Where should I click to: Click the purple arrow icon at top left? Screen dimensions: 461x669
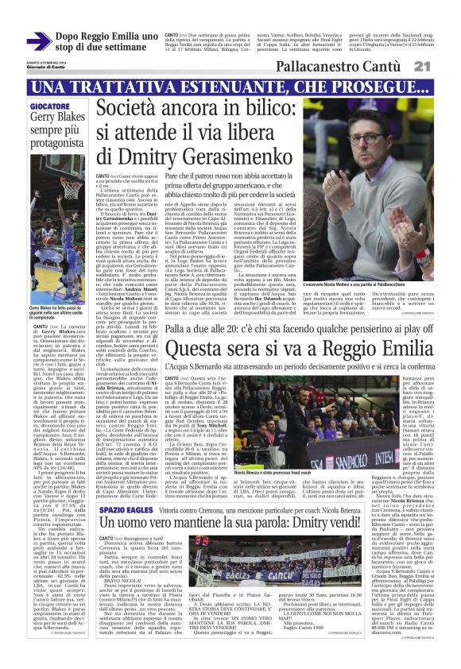point(39,42)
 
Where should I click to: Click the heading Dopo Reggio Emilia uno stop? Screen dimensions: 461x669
point(107,41)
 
